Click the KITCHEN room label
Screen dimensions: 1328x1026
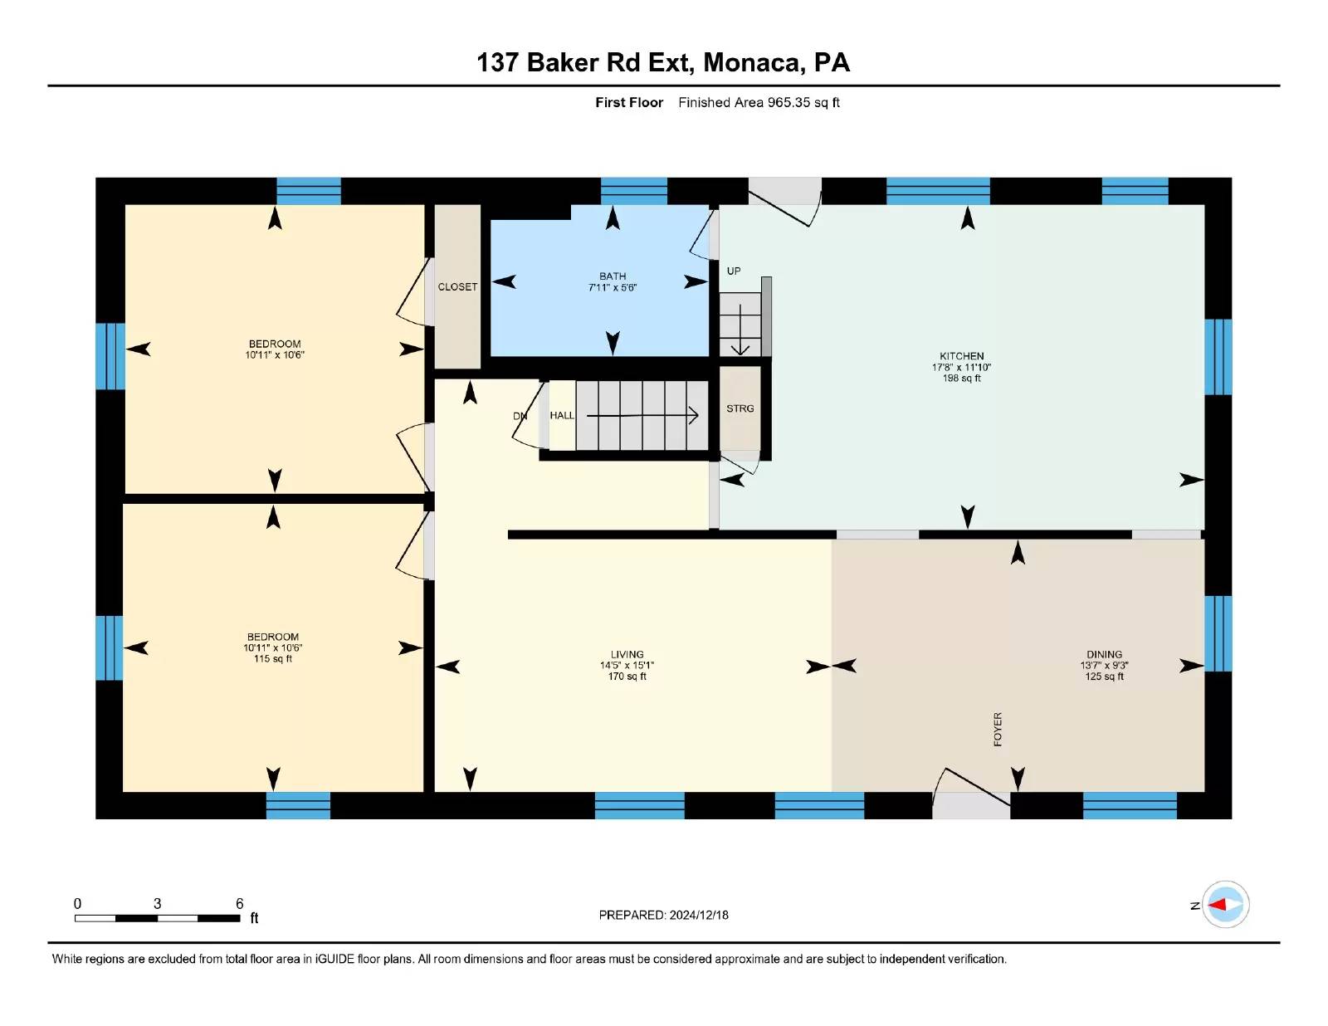[961, 356]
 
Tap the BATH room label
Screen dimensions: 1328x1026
[613, 276]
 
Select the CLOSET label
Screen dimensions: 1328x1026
[457, 286]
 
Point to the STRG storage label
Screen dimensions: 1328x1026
[740, 408]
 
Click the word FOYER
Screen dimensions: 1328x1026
[998, 729]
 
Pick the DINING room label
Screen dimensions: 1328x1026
[1104, 654]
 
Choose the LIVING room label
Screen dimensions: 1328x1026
[627, 654]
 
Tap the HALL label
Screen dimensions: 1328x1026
[562, 416]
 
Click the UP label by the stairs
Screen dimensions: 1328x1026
[734, 271]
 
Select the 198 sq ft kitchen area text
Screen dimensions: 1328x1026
[961, 379]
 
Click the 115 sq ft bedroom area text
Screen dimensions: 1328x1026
[272, 659]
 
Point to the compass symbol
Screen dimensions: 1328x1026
[1225, 905]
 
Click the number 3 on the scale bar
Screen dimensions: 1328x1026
[157, 904]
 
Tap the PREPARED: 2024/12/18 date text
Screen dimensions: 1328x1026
[663, 916]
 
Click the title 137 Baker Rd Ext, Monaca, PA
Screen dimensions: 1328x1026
[663, 62]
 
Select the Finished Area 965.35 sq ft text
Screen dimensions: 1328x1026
[759, 103]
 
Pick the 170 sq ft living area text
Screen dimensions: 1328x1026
[627, 677]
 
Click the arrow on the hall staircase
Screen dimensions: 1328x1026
[642, 416]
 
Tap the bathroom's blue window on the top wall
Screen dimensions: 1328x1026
[634, 191]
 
